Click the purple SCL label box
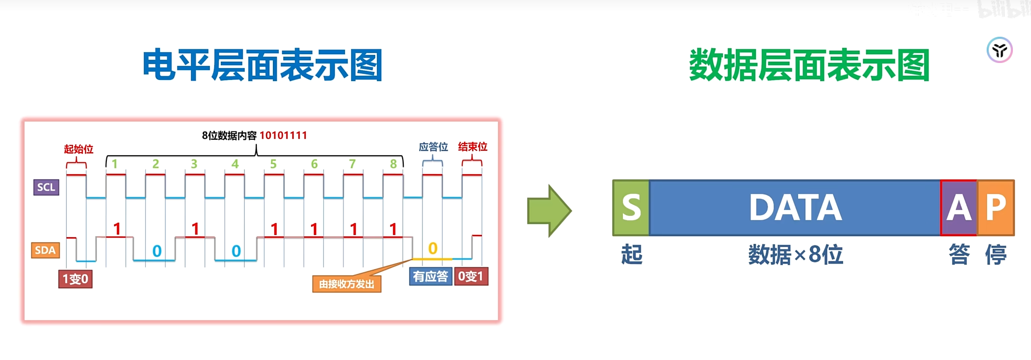tap(46, 187)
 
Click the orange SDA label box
tap(45, 250)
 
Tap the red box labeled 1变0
tap(75, 279)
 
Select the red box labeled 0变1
tap(471, 276)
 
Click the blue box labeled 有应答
tap(431, 276)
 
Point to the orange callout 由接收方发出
tap(346, 284)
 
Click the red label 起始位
tap(78, 149)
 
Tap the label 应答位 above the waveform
tap(433, 147)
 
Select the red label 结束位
tap(472, 147)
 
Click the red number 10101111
tap(283, 135)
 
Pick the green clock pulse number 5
tap(273, 164)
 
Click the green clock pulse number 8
tap(393, 164)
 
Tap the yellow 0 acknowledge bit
tap(433, 248)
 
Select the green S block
tap(631, 208)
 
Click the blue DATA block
tap(794, 208)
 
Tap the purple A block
tap(959, 208)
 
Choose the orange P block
tap(996, 208)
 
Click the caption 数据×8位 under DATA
tap(795, 255)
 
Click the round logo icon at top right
tap(999, 50)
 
